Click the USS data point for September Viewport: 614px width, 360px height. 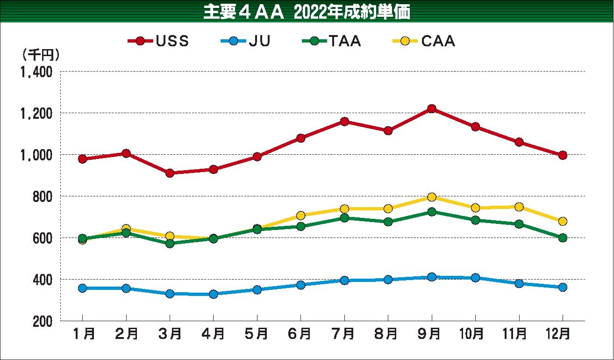431,109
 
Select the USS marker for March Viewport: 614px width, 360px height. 170,173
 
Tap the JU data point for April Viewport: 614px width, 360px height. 213,294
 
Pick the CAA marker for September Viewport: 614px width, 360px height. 431,197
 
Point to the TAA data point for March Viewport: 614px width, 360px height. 170,243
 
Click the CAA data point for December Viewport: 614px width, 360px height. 562,221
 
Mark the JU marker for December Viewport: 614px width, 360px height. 562,287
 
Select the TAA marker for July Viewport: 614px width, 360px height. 344,217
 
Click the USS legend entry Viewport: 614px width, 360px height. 159,41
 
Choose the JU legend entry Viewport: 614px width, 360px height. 245,41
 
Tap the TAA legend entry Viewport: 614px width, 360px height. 331,41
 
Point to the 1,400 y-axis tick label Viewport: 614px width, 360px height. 36,72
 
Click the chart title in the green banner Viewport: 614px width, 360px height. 307,12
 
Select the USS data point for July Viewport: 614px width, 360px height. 344,122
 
